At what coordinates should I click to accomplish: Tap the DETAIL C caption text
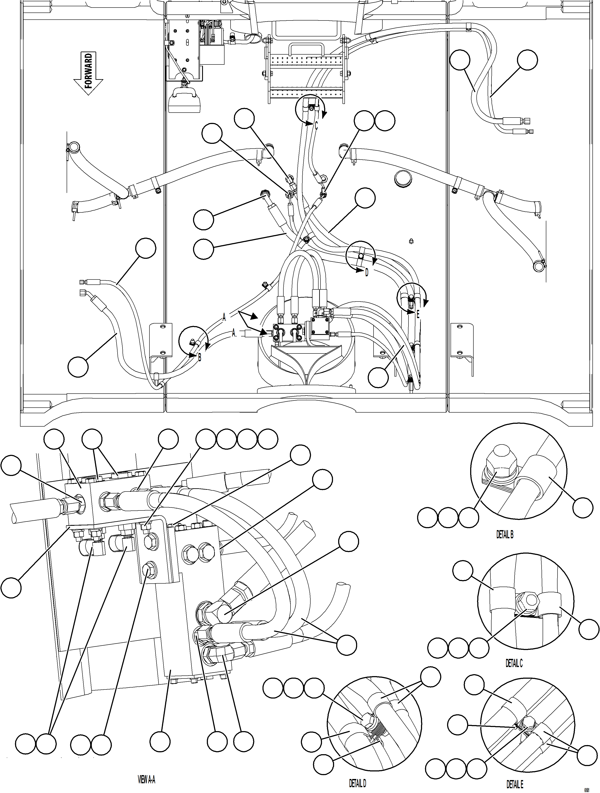[x=514, y=664]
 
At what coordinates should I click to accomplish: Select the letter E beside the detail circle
[x=418, y=315]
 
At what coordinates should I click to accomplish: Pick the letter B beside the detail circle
[x=200, y=357]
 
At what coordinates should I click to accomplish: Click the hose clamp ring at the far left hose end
[x=74, y=146]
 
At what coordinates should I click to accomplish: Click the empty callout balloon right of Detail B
[x=583, y=507]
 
